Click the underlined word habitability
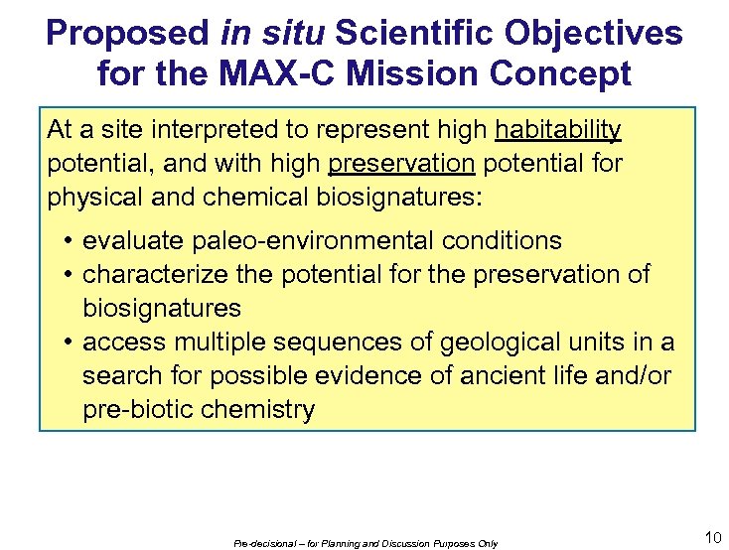[x=558, y=130]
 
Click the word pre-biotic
[x=134, y=410]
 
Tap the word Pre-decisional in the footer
[x=257, y=544]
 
